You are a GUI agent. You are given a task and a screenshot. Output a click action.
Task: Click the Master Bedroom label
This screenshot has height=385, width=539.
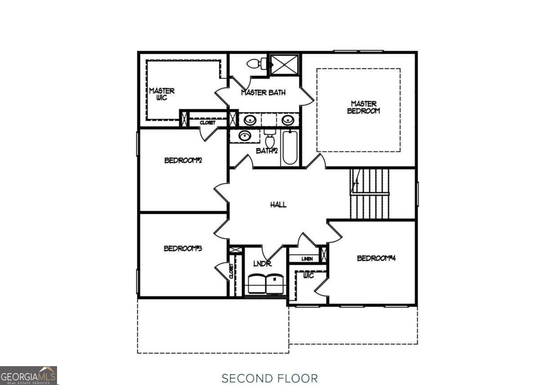tap(363, 107)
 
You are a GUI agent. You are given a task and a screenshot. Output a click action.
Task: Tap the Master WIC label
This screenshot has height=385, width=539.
tap(162, 94)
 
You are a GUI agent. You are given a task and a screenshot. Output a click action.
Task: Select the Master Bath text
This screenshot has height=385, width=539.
tap(263, 93)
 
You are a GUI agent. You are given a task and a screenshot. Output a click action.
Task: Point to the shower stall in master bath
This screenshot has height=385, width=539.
tap(284, 64)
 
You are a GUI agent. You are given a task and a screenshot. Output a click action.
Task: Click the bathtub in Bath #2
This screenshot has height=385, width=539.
tap(290, 148)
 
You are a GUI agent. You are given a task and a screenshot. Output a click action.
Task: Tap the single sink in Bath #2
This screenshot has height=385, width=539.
tap(245, 136)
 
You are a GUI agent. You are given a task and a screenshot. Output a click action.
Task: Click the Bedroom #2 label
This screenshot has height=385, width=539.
tap(183, 160)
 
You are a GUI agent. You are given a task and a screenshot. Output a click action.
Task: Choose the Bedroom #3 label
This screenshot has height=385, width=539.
tap(182, 248)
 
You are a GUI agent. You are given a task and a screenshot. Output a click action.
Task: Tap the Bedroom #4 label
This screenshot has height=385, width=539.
tap(376, 258)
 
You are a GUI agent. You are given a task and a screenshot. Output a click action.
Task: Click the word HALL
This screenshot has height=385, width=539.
tap(278, 205)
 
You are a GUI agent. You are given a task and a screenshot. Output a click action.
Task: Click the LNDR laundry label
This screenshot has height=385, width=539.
tap(262, 264)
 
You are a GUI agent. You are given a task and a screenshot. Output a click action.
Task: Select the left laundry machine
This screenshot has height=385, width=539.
tap(256, 284)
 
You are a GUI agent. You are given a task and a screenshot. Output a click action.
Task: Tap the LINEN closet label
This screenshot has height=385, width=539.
tap(307, 259)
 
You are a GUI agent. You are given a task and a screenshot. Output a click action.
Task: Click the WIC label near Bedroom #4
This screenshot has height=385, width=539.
tap(308, 276)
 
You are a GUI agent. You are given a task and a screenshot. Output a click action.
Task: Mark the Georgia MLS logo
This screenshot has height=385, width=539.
tap(28, 376)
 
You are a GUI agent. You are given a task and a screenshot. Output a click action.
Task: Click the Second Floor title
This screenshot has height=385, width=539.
tap(269, 378)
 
